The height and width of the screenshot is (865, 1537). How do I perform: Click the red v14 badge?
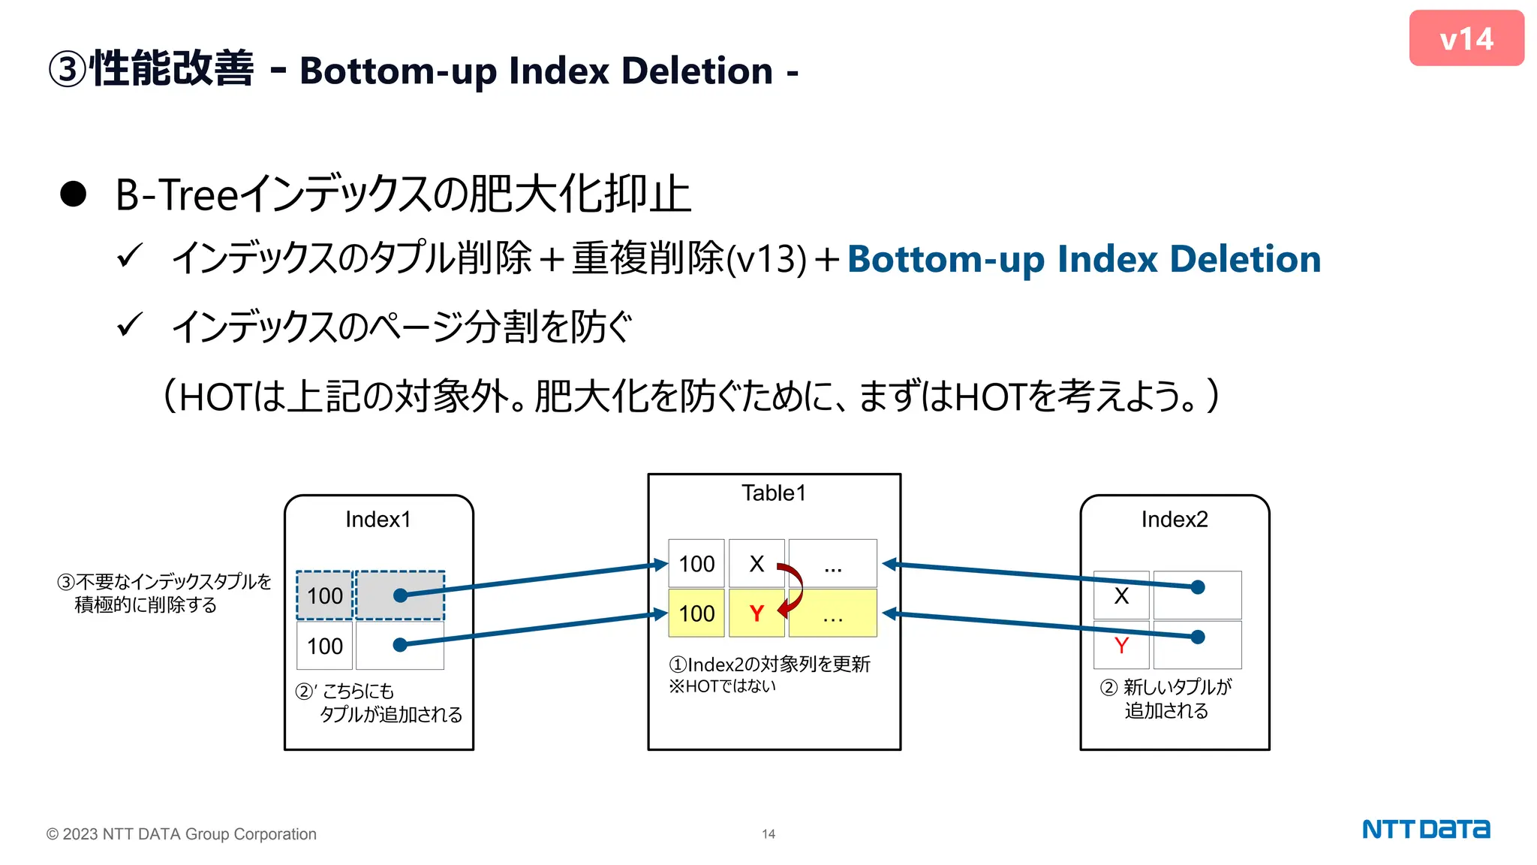[1466, 38]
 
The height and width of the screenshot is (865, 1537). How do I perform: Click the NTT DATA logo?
[1425, 829]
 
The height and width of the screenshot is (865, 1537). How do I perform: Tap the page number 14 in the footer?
[768, 834]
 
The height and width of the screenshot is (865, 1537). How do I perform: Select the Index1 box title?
[378, 520]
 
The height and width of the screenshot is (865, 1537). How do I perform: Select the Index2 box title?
[1175, 520]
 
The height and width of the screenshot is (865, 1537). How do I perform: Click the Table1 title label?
[774, 493]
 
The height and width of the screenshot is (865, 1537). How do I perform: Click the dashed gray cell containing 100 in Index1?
[324, 595]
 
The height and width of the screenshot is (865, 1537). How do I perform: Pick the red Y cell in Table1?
[756, 613]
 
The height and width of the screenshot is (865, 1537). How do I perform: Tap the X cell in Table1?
[756, 564]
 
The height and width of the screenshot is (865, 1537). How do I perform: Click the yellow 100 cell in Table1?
[696, 613]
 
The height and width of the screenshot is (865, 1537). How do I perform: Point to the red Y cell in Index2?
[1121, 645]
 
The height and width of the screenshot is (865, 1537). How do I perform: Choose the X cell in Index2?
[1121, 595]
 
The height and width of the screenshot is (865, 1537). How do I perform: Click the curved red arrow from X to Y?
[794, 588]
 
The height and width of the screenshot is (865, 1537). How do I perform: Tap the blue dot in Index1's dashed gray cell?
[400, 595]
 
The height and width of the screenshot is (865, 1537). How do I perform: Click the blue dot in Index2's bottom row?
[1198, 637]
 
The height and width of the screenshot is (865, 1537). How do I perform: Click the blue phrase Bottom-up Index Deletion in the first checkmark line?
[1084, 259]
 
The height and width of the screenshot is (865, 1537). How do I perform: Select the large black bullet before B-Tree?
[74, 194]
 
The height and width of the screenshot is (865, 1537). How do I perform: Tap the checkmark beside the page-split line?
[130, 325]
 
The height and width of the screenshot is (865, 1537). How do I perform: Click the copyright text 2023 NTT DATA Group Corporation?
[182, 834]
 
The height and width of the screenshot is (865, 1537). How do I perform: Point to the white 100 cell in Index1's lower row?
[324, 646]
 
